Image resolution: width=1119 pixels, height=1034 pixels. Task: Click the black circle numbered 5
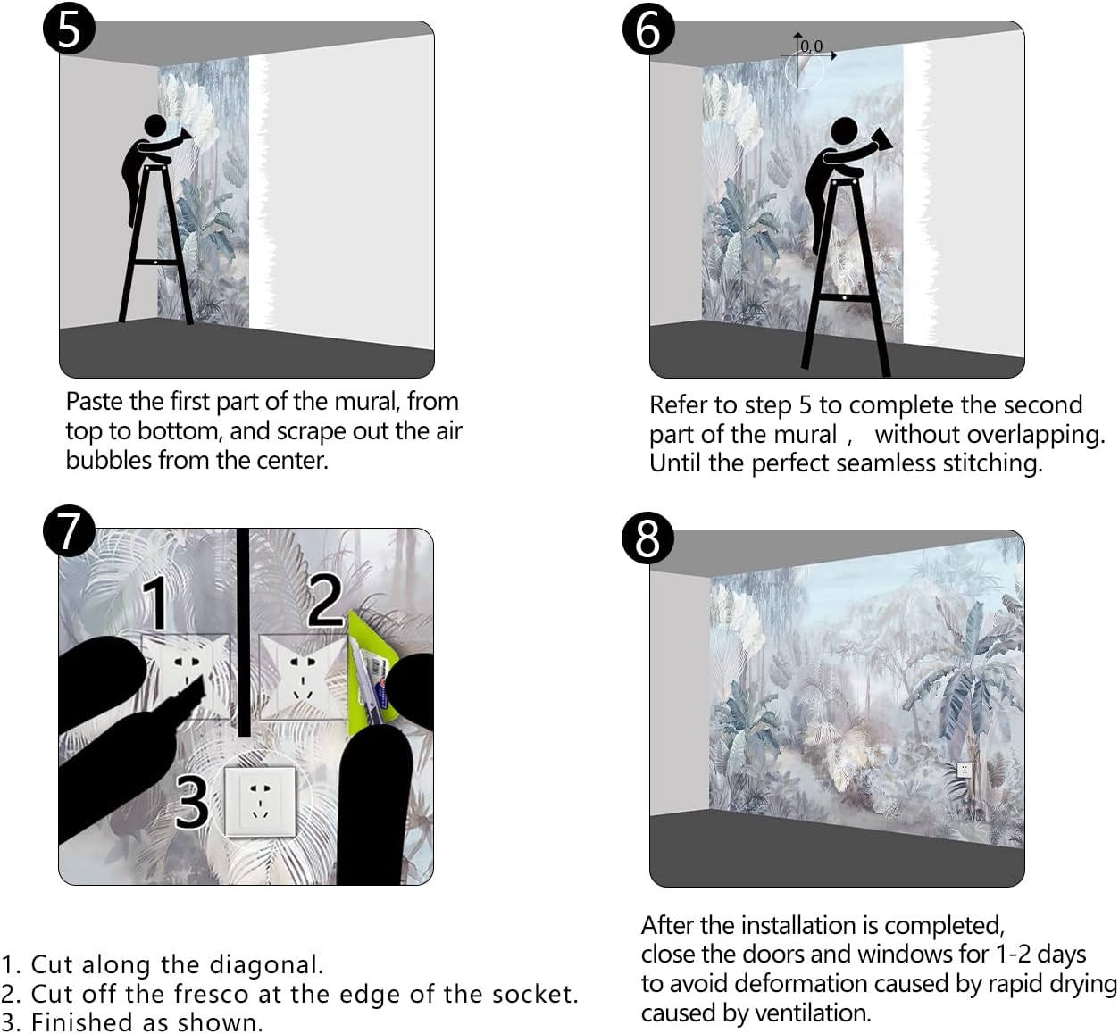click(69, 29)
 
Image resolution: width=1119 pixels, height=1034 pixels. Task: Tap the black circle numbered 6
click(648, 29)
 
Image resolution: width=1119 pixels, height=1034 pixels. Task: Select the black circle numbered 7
click(69, 530)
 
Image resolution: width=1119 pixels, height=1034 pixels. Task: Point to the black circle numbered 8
click(647, 538)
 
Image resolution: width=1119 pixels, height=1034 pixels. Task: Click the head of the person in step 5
click(155, 126)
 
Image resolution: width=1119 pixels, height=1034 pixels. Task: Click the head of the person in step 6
click(844, 130)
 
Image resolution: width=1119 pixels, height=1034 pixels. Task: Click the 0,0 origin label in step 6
click(812, 46)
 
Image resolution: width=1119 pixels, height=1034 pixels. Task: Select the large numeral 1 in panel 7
click(156, 602)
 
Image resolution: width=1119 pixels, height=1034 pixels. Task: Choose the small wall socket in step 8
click(964, 769)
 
